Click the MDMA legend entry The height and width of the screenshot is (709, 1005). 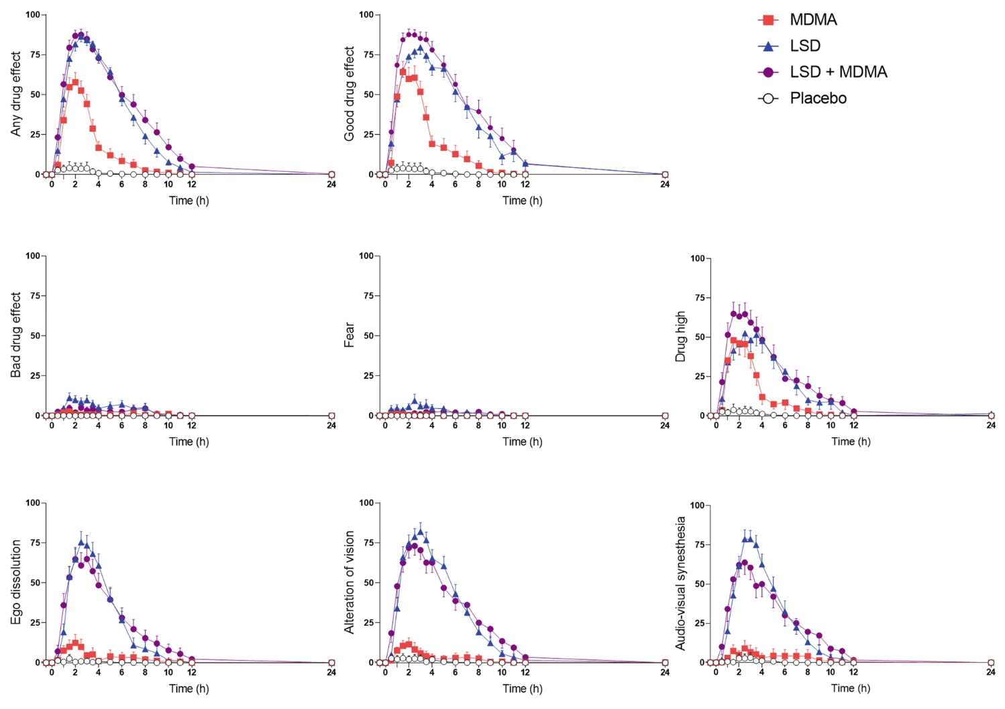(x=812, y=20)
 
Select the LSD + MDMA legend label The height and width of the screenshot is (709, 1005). (x=838, y=72)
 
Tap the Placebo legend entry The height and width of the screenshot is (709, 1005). (x=818, y=98)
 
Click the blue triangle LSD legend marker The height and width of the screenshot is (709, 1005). (x=769, y=46)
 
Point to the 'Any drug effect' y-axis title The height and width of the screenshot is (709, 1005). (x=16, y=94)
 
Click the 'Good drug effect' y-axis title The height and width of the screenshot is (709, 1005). (x=349, y=94)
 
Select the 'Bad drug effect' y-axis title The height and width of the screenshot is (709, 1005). (x=16, y=334)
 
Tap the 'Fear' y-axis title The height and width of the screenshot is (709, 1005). (x=349, y=334)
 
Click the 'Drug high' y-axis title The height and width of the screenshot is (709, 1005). (x=680, y=336)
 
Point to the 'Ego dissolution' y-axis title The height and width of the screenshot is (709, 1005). (x=16, y=582)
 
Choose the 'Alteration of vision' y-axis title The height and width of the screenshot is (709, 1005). (x=349, y=582)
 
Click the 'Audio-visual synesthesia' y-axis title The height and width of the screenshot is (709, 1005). (x=680, y=583)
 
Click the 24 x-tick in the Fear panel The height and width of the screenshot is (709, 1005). (x=664, y=425)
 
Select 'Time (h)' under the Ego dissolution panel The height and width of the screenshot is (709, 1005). (x=189, y=688)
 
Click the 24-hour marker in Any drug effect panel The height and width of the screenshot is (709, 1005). (x=331, y=175)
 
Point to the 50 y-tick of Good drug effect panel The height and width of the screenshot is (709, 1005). (x=368, y=95)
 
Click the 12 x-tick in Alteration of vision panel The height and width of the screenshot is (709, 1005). (x=525, y=672)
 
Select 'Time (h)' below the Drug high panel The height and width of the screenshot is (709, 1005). (x=851, y=441)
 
